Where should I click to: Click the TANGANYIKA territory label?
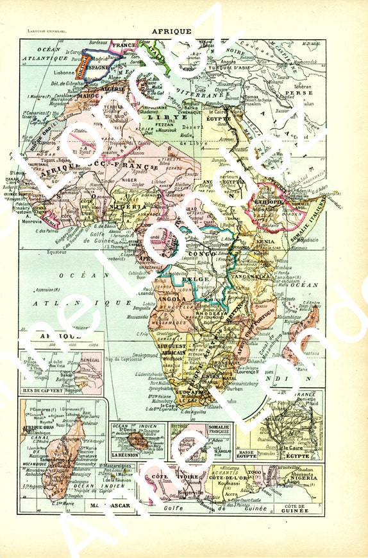(x=251, y=273)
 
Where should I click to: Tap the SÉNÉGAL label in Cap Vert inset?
(x=88, y=362)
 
